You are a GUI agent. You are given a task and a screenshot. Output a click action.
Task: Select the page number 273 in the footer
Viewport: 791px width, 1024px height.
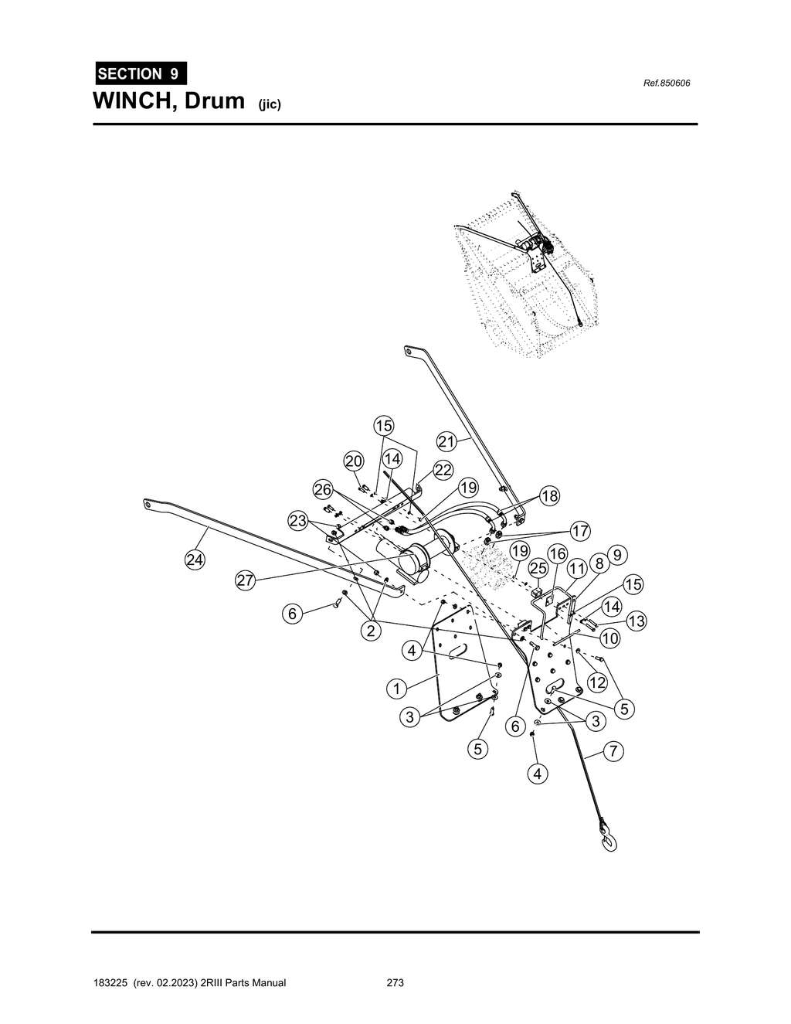pyautogui.click(x=395, y=983)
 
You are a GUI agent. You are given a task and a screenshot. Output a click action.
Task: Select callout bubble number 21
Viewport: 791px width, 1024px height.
pyautogui.click(x=447, y=442)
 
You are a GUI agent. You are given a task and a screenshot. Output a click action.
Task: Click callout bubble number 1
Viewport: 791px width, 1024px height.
pyautogui.click(x=396, y=688)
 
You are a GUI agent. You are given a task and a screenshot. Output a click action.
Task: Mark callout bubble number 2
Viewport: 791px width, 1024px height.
pyautogui.click(x=371, y=631)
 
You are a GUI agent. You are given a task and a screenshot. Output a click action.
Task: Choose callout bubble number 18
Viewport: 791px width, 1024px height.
pyautogui.click(x=549, y=496)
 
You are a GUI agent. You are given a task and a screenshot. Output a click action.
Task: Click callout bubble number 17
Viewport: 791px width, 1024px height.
pyautogui.click(x=580, y=532)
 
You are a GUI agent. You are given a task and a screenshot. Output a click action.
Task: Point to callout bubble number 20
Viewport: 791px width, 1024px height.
pyautogui.click(x=354, y=461)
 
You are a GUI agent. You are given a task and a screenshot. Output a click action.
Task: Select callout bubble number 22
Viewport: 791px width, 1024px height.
pyautogui.click(x=443, y=470)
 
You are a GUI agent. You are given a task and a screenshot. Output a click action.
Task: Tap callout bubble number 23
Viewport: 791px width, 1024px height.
pyautogui.click(x=298, y=521)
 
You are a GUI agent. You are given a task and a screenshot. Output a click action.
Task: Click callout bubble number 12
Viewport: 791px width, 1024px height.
pyautogui.click(x=597, y=682)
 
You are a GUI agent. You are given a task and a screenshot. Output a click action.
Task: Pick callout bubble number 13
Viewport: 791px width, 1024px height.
pyautogui.click(x=637, y=621)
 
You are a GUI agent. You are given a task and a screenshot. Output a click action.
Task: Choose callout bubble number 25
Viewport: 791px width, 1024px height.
pyautogui.click(x=538, y=569)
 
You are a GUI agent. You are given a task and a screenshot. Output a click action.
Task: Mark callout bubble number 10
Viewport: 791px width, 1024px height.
pyautogui.click(x=609, y=638)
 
